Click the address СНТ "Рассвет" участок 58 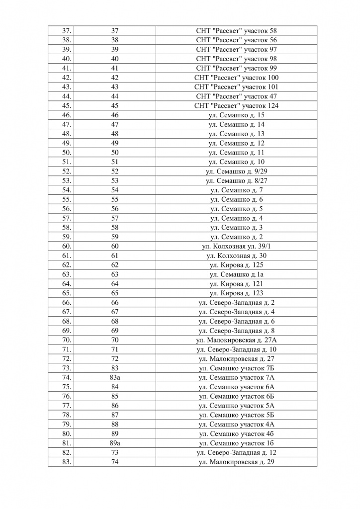236,30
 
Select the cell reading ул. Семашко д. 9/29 236,171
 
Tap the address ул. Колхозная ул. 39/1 236,247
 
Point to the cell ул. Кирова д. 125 236,265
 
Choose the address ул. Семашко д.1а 236,274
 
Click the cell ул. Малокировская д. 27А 236,340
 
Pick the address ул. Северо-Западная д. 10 236,349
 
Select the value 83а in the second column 115,378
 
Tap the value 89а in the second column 115,443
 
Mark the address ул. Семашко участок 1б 236,443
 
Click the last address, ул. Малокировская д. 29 236,462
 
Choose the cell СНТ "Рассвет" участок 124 236,105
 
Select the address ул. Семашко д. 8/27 236,180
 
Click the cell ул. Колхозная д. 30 236,255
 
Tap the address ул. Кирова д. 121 236,284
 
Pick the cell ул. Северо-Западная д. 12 236,452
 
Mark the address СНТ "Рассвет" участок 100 236,78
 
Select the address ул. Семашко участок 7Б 236,368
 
